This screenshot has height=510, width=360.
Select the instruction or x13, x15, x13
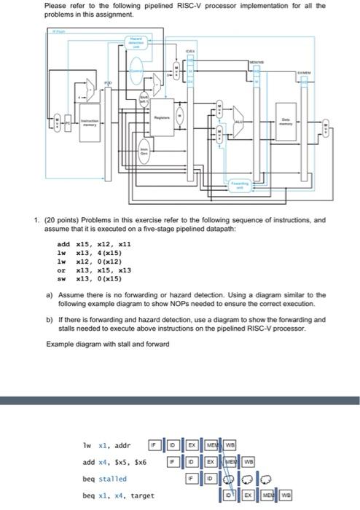pos(85,270)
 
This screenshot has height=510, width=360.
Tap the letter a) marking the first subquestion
pos(49,295)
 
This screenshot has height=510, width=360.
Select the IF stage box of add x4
pos(173,462)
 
